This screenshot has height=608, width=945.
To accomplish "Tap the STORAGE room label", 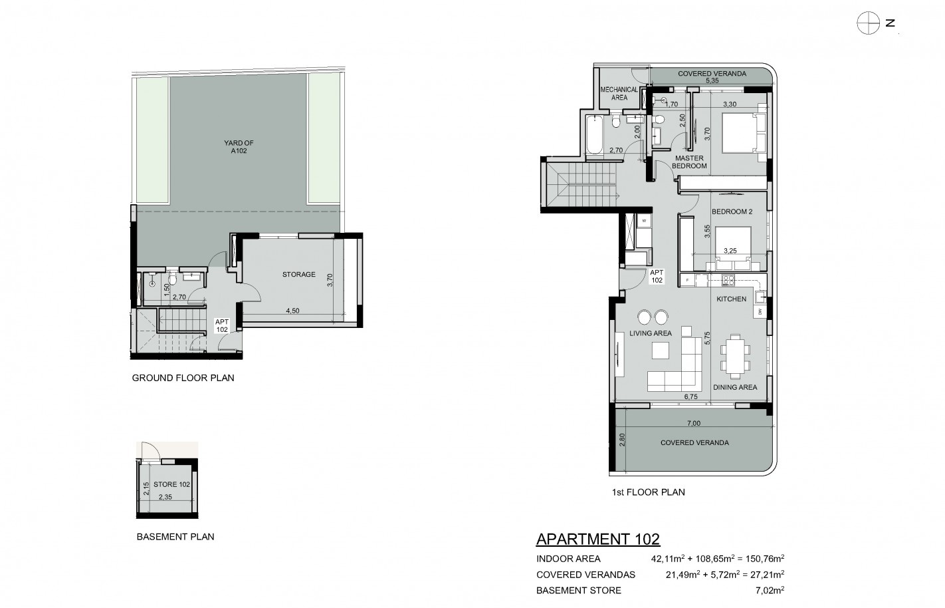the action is coord(298,275).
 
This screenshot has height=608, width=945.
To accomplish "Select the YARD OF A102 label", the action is coord(239,147).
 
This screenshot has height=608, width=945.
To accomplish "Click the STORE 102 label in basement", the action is coord(171,484).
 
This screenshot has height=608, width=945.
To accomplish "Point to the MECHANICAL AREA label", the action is coord(619,93).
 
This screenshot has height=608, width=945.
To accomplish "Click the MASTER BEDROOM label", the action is coord(689,162).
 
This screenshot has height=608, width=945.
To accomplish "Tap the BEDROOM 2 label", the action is coord(732,212).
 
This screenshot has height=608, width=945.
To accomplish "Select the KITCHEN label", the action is coord(732,299).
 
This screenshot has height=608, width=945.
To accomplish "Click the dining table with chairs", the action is coord(735,356).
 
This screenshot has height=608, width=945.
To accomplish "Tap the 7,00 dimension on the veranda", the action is coord(694,423).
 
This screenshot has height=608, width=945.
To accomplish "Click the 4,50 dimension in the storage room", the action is coord(292,311).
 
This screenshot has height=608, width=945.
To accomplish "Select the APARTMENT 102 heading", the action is coord(598,539).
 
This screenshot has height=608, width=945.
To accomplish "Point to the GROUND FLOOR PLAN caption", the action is coord(183,378).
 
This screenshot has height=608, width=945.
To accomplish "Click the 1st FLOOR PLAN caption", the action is coord(649,492).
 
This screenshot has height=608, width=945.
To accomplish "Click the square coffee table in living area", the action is coord(660,351).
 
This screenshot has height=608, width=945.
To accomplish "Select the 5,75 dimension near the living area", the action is coord(707,338).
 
